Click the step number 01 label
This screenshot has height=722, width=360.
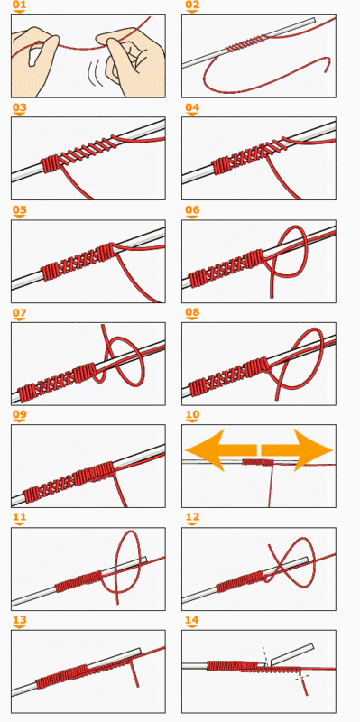[x=19, y=6]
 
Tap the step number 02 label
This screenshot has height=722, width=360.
[x=192, y=6]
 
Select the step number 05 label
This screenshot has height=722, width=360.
[x=19, y=211]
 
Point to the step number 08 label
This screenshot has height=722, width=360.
[x=192, y=313]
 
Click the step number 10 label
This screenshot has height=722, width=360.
[x=192, y=416]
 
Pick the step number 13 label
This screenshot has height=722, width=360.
[x=19, y=621]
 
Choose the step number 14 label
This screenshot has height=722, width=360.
[x=192, y=621]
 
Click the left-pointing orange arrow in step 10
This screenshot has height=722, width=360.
[x=221, y=449]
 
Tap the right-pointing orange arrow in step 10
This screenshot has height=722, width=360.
[x=297, y=449]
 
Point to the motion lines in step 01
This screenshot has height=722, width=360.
[x=96, y=74]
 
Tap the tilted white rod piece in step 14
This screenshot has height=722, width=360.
[x=291, y=653]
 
